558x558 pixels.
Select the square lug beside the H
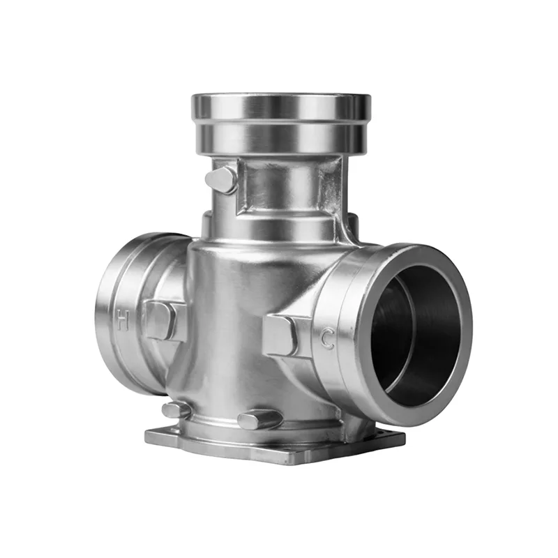tap(161, 320)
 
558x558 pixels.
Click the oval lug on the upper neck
tap(221, 179)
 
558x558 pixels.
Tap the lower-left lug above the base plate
tap(175, 409)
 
